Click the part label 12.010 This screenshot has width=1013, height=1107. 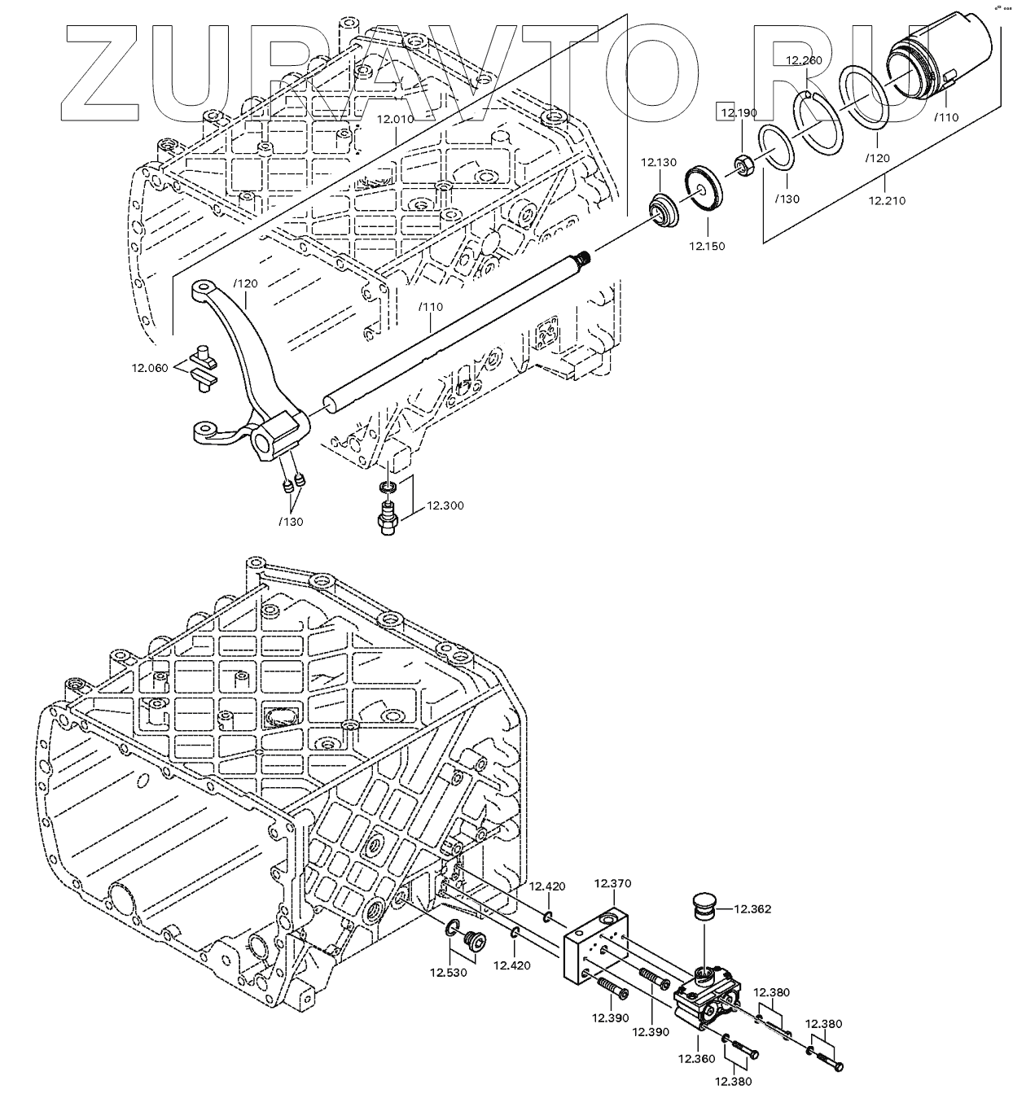(395, 119)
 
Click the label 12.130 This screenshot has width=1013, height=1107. (658, 163)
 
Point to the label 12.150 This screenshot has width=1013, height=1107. (706, 246)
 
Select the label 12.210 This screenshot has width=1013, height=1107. (886, 200)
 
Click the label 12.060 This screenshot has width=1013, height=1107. (150, 368)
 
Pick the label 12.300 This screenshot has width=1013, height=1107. (445, 505)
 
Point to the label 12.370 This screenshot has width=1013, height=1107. (612, 883)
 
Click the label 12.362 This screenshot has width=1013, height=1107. (752, 909)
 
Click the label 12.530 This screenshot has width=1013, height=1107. (449, 972)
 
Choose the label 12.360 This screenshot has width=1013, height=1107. (695, 1058)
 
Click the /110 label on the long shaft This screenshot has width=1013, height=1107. (430, 307)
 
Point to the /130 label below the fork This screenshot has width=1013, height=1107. (291, 522)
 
